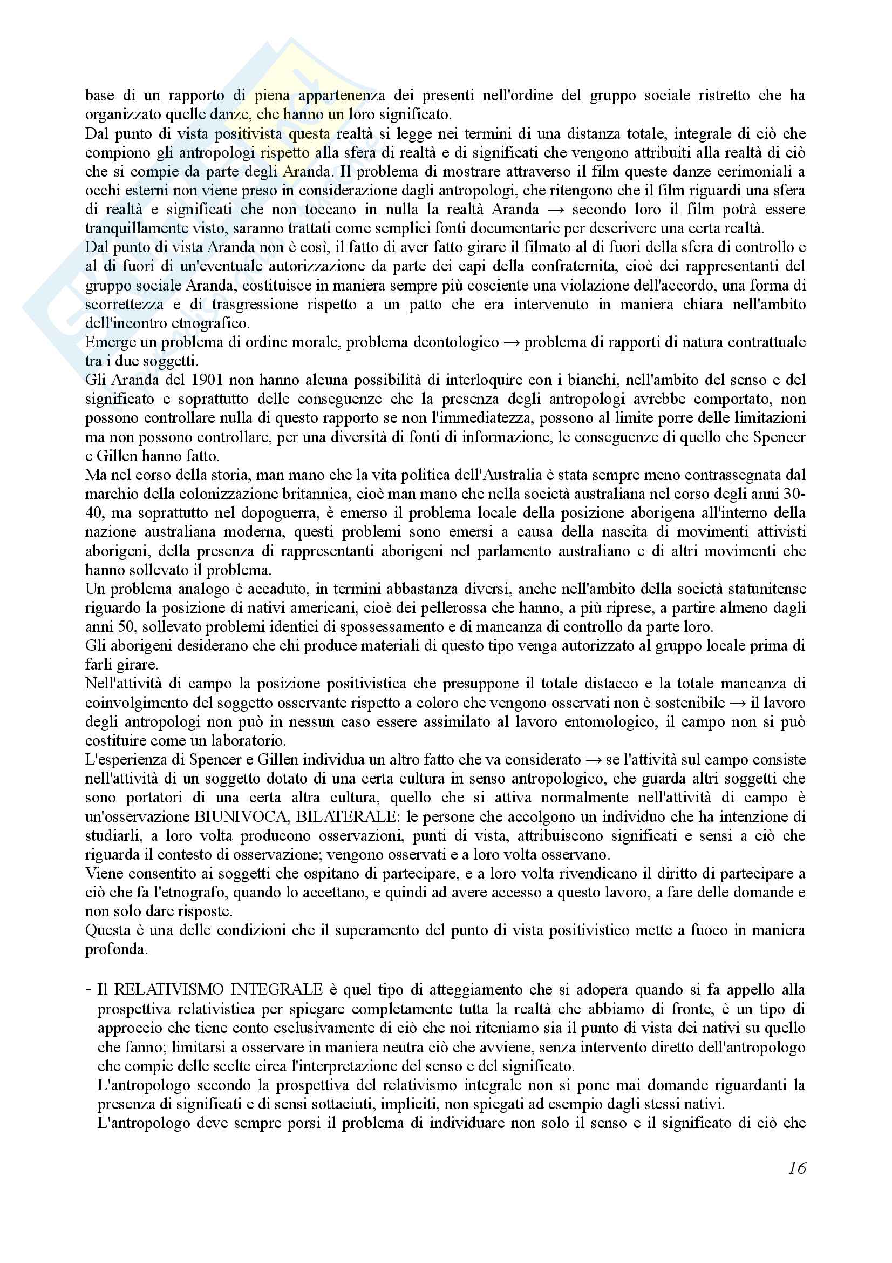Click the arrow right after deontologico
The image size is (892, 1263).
(x=512, y=343)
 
